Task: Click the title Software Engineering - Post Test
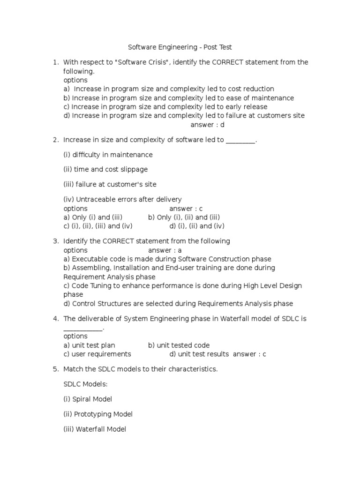coord(180,47)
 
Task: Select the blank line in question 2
coord(241,141)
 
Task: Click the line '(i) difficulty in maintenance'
coord(108,155)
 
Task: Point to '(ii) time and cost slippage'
coord(105,169)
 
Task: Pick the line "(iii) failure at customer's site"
coord(110,184)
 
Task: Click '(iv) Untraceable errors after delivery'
coord(122,199)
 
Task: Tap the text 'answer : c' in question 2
coord(186,209)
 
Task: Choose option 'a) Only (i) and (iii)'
coord(93,217)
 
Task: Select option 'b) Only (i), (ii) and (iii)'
coord(184,217)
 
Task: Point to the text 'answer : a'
coord(165,250)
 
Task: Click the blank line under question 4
coord(82,329)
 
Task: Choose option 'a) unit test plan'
coord(89,345)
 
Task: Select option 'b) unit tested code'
coord(179,345)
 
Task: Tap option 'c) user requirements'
coord(97,354)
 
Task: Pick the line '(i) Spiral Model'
coord(88,399)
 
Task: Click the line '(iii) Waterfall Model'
coord(95,429)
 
